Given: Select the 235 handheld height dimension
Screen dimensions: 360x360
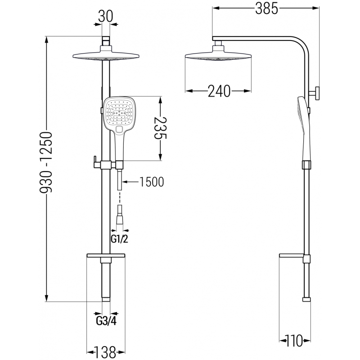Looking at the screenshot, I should (x=161, y=128).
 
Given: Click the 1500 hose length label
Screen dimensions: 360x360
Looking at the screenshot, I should (x=152, y=182).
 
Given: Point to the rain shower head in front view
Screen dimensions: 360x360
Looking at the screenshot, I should (x=106, y=56).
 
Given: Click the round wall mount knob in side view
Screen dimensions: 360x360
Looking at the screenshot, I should (x=316, y=94).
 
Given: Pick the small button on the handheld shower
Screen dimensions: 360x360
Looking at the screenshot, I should (x=120, y=130).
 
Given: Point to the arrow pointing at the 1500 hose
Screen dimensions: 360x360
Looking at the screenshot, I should (x=130, y=182).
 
